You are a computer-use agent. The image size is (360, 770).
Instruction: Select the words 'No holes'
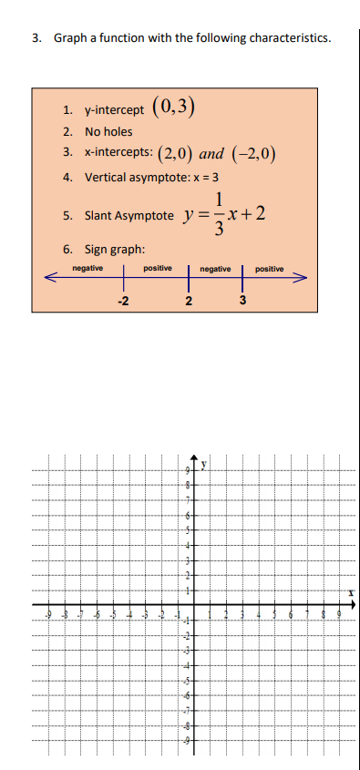(108, 131)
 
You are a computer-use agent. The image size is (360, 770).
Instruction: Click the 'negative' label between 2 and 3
(215, 269)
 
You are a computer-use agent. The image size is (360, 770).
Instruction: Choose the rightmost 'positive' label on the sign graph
(270, 269)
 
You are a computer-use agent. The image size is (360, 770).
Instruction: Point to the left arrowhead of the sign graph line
(53, 277)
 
